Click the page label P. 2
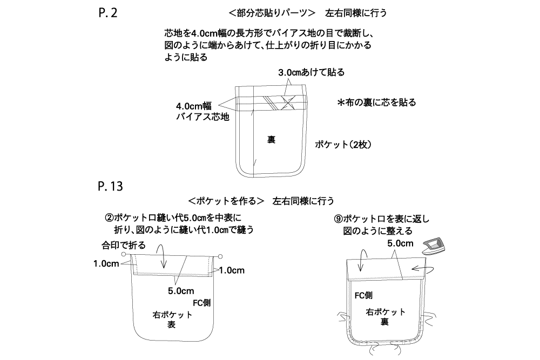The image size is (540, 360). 108,13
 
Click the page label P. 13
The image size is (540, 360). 110,186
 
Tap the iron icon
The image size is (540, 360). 434,246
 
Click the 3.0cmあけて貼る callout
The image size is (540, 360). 312,72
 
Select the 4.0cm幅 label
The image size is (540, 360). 193,106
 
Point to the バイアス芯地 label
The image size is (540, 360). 202,117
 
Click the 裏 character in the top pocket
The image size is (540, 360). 272,139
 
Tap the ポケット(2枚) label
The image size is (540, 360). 343,145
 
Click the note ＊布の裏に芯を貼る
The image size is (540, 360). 376,103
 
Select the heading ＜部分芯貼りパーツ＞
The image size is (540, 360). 272,13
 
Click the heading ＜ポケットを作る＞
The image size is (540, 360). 226,201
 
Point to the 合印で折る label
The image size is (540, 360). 123,246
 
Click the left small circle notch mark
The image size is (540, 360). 124,254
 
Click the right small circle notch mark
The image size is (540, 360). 220,256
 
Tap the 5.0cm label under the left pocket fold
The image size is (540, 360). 181,291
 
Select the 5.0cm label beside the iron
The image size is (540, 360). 400,243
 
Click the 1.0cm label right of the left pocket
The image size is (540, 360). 232,270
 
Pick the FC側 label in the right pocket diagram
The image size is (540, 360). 363,296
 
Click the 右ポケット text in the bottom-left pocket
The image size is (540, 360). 172,315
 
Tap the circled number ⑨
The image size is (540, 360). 338,219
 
